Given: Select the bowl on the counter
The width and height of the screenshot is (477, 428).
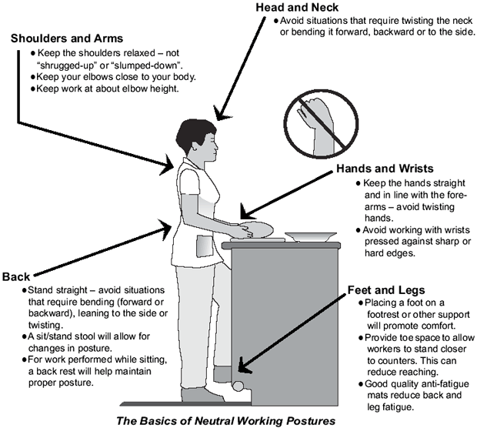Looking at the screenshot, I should [x=309, y=236].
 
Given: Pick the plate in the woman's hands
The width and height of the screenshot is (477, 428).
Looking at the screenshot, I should [x=254, y=229].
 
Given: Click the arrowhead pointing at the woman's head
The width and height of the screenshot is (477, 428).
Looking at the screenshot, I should [x=222, y=116].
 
